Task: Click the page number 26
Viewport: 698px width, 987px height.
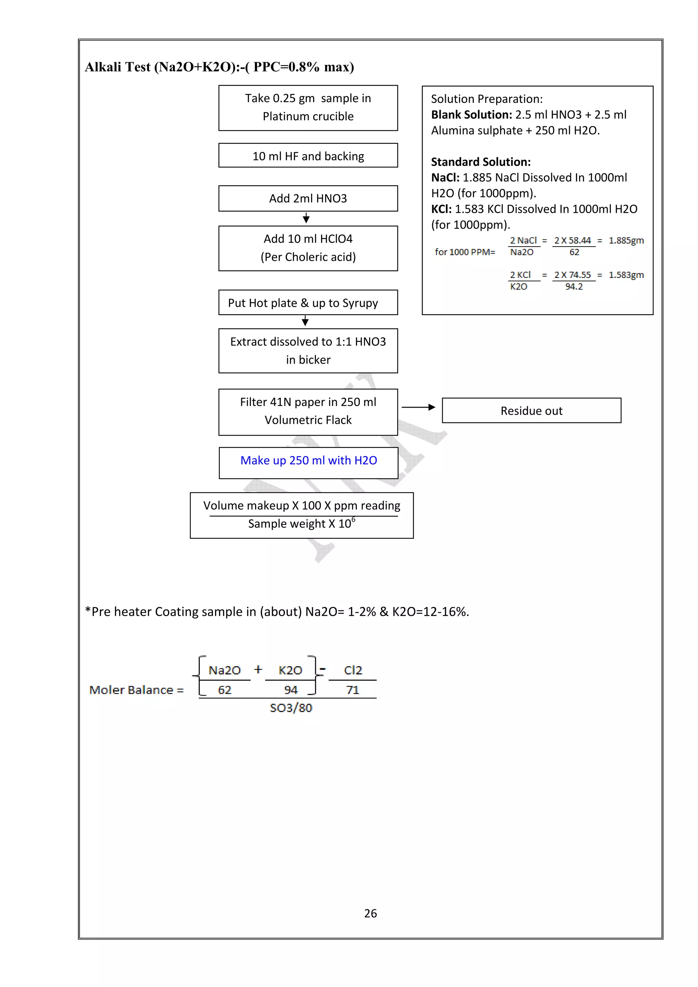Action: point(370,913)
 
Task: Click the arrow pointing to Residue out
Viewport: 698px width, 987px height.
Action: point(419,407)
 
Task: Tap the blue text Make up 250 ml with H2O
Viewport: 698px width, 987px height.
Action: point(308,460)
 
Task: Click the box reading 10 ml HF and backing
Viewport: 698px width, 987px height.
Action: point(308,156)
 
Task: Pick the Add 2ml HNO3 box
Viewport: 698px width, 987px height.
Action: point(308,198)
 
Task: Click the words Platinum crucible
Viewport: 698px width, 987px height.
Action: point(308,116)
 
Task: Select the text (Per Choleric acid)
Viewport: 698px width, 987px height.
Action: point(308,257)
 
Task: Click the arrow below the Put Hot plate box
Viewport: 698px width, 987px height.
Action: point(305,321)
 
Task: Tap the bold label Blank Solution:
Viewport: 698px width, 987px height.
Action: point(471,115)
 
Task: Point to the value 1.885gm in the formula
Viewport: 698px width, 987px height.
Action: point(626,240)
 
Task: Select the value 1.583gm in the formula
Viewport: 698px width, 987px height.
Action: point(626,275)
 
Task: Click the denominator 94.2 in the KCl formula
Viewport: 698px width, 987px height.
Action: point(574,287)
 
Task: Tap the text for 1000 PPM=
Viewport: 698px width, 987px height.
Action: point(465,252)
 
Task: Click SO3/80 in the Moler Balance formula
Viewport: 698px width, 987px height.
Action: point(291,708)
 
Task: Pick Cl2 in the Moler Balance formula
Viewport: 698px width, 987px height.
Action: point(353,670)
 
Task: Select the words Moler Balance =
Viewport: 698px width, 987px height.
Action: point(136,690)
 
